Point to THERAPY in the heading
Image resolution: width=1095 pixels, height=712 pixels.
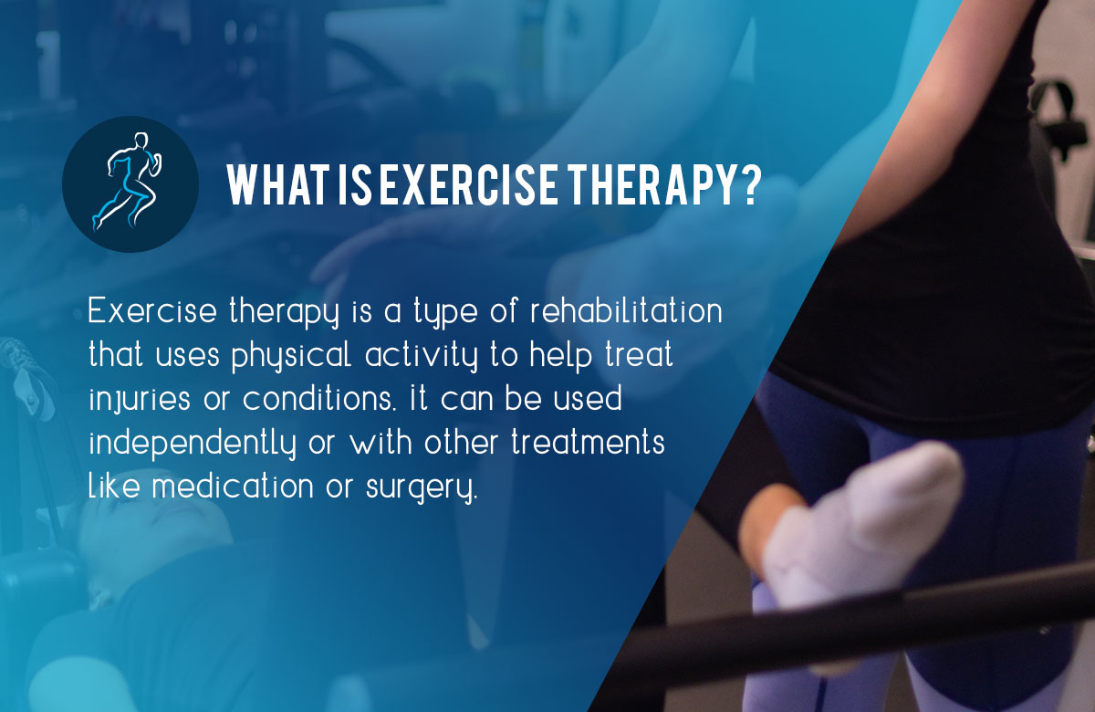click(639, 185)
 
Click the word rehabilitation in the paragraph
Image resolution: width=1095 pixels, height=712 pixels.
click(631, 311)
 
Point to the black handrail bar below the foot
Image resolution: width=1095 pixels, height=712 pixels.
click(821, 630)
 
